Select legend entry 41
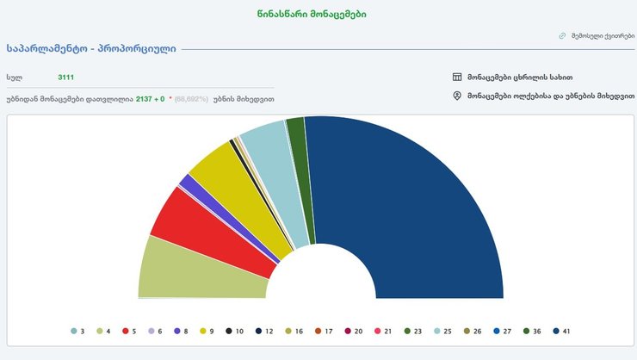562,331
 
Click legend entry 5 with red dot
130,331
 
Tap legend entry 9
206,331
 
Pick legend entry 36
532,331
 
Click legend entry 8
181,331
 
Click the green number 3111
66,78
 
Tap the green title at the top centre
317,15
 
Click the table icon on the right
457,77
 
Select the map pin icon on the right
457,96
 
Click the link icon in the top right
562,36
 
